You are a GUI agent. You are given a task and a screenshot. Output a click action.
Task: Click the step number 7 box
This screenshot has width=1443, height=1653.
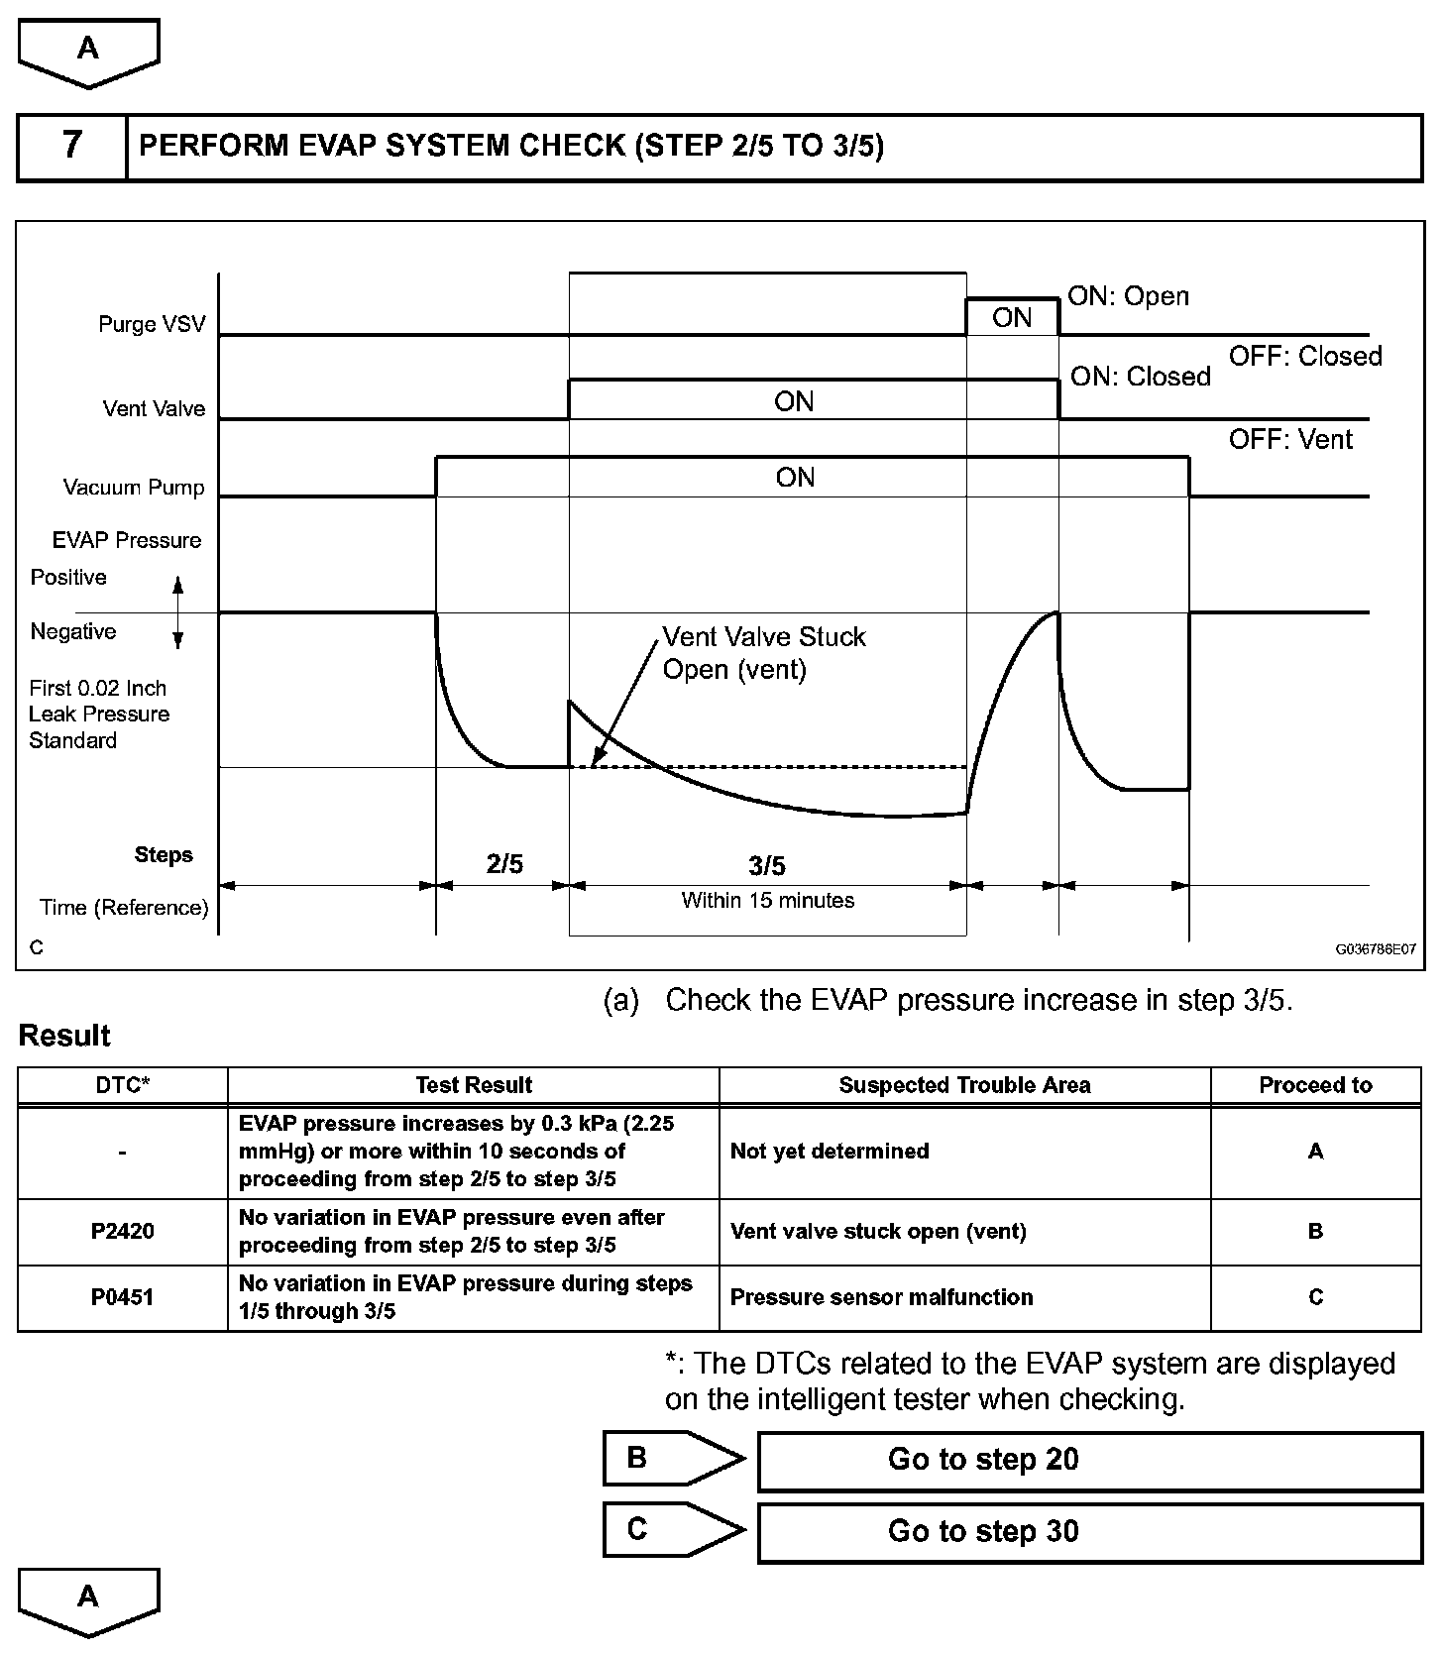(x=72, y=147)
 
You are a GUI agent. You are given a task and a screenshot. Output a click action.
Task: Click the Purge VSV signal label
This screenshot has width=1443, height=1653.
(x=152, y=324)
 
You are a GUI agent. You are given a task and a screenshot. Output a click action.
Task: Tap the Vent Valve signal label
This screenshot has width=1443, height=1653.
(x=154, y=408)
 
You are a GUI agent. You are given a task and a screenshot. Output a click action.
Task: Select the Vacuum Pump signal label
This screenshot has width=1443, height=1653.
(x=134, y=487)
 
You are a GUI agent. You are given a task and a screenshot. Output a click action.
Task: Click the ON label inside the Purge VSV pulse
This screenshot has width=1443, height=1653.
(x=1012, y=317)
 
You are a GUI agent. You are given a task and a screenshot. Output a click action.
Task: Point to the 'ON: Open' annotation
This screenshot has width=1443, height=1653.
(x=1128, y=296)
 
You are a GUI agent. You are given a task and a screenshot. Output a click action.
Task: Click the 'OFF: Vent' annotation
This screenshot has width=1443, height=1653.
(x=1290, y=439)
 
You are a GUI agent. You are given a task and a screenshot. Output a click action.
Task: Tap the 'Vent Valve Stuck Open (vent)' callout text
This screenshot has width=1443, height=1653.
(x=763, y=653)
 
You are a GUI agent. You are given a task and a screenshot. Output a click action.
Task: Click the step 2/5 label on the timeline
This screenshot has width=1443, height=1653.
(x=504, y=864)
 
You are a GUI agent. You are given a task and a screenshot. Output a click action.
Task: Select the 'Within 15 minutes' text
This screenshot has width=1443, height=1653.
(x=767, y=900)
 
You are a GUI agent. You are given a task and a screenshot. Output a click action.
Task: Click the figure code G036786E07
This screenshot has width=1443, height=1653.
(x=1376, y=948)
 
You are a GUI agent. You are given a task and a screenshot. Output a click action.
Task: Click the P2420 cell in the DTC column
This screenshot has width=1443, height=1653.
(x=122, y=1231)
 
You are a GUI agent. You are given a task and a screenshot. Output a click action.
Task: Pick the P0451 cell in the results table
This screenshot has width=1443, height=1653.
(x=122, y=1297)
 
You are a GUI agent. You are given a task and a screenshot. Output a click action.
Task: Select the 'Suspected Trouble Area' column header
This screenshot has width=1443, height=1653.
(x=964, y=1085)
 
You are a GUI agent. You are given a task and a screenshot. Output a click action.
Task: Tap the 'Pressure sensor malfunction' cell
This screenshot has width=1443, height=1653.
(x=881, y=1297)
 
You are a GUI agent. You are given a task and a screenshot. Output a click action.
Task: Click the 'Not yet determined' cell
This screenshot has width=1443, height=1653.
(x=830, y=1152)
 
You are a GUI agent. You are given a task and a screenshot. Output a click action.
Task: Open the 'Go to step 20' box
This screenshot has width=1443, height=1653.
(x=1089, y=1460)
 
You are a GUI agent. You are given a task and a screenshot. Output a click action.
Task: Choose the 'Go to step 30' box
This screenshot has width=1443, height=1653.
(x=1089, y=1532)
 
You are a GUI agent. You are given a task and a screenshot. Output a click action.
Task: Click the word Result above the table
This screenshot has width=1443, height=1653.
(x=64, y=1036)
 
